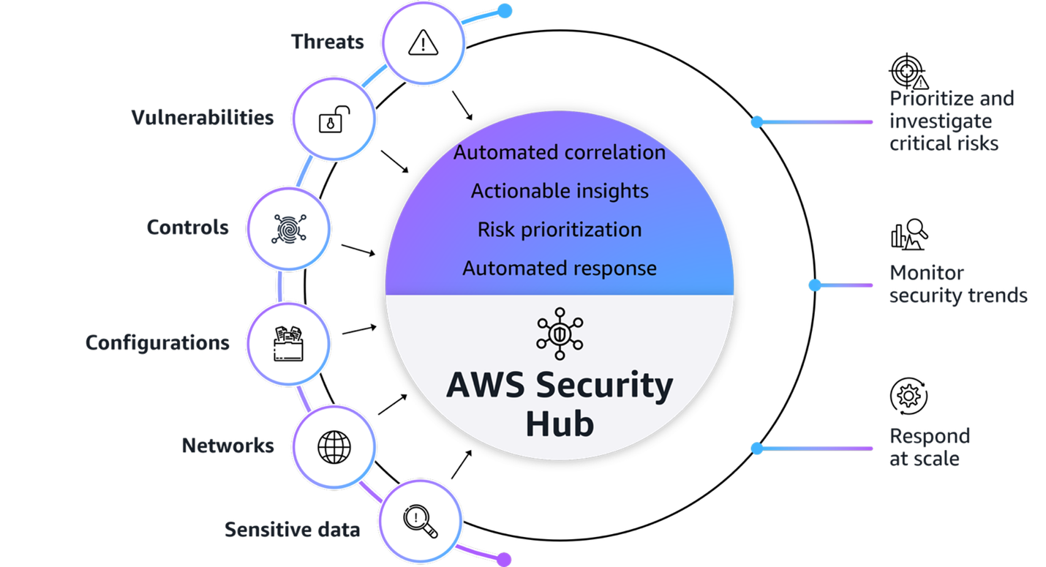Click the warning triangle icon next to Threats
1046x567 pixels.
(x=423, y=42)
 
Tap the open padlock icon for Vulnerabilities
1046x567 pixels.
(x=334, y=119)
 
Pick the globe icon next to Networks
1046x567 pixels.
(x=334, y=446)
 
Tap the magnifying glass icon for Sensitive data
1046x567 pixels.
(x=421, y=520)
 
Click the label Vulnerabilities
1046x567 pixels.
(x=203, y=118)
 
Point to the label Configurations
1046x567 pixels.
(x=157, y=342)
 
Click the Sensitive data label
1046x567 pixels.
(x=292, y=530)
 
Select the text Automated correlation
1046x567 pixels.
(x=560, y=153)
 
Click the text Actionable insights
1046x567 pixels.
(x=560, y=192)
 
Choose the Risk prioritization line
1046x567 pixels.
(x=560, y=230)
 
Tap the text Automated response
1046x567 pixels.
(x=560, y=268)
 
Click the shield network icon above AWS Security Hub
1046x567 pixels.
(x=560, y=334)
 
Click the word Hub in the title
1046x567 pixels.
(x=560, y=424)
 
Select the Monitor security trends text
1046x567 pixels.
(x=958, y=284)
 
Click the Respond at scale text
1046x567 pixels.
(x=929, y=447)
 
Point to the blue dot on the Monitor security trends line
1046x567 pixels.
(x=815, y=285)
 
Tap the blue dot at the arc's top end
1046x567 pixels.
(x=504, y=10)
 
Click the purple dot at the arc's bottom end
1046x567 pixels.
(x=503, y=559)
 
